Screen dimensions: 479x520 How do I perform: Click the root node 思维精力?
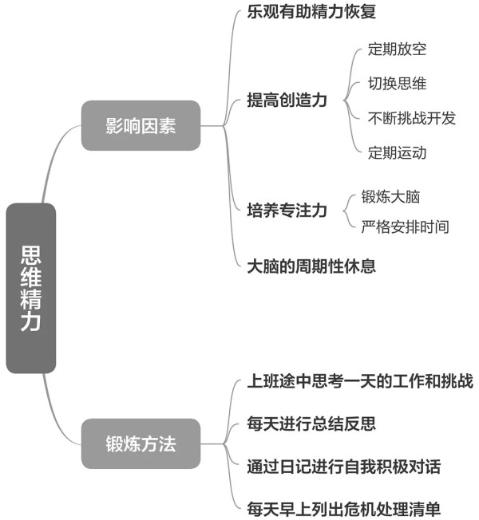[31, 288]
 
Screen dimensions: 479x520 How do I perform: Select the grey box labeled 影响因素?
[141, 126]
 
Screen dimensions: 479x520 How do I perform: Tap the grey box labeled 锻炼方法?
[141, 443]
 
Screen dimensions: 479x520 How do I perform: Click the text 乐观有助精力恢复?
[311, 12]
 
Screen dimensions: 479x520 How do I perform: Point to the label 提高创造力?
[287, 100]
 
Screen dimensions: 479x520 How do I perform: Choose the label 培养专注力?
[287, 211]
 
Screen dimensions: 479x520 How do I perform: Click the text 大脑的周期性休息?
[311, 266]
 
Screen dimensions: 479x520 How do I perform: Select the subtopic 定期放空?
[397, 49]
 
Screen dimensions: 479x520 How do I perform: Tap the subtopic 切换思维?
[397, 83]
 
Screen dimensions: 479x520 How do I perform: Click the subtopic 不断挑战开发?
[412, 118]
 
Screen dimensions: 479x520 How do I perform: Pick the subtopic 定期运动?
[397, 152]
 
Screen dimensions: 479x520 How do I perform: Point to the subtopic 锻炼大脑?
[390, 197]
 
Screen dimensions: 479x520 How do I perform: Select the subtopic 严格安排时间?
[406, 227]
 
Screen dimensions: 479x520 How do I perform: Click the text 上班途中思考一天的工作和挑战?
[360, 380]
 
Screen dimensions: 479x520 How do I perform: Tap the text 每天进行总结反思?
[311, 423]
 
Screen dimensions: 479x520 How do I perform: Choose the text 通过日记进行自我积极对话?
[344, 467]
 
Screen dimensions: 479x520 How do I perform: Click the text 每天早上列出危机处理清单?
[344, 509]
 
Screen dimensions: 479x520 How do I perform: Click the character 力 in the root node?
[31, 321]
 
